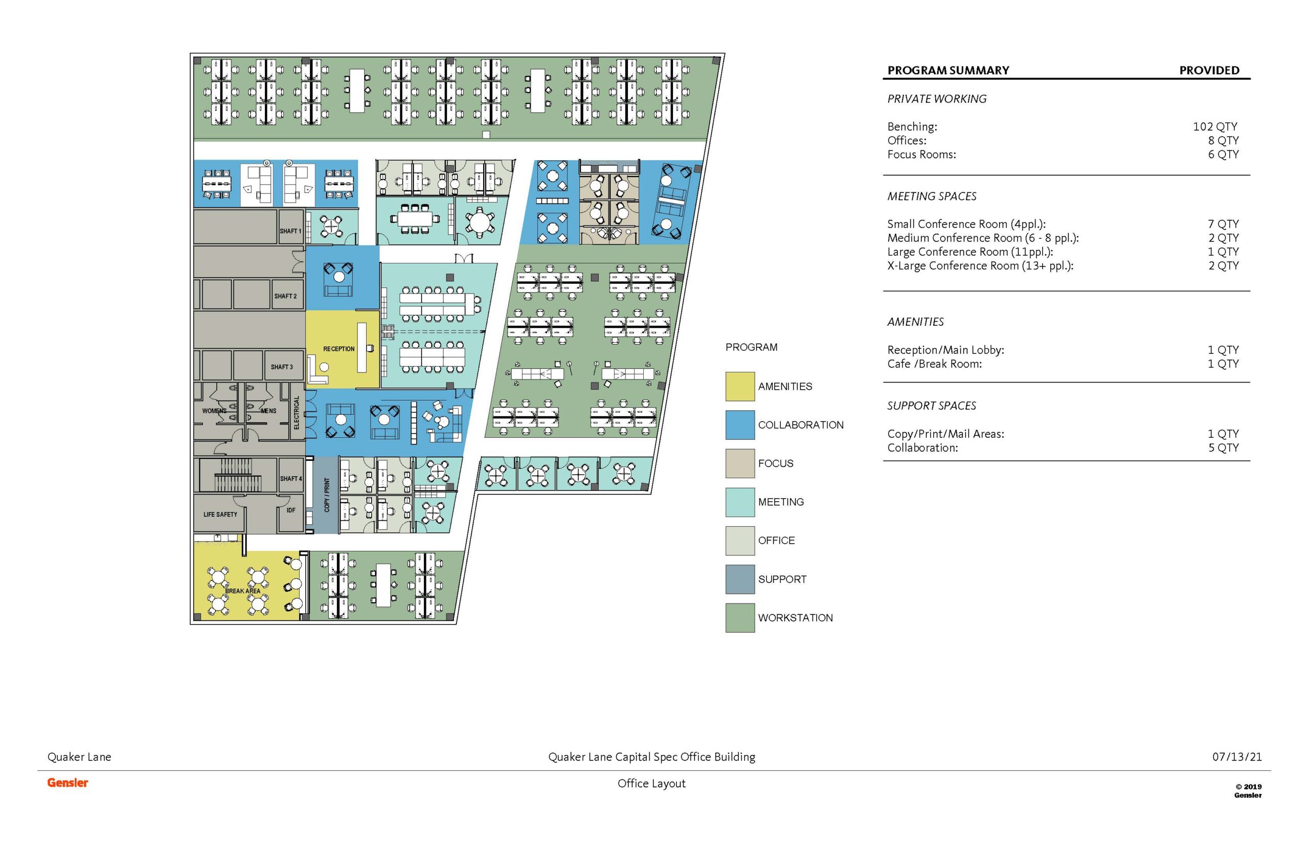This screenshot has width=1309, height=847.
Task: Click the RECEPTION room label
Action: tap(338, 349)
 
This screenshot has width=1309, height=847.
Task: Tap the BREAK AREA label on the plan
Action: tap(242, 591)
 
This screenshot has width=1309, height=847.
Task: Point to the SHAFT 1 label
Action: tap(290, 231)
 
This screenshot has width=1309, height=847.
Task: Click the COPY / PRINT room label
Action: tap(327, 495)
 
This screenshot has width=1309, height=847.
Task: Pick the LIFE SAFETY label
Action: tap(220, 514)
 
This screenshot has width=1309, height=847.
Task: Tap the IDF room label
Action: tap(291, 510)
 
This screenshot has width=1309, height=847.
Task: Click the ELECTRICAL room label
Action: tap(297, 412)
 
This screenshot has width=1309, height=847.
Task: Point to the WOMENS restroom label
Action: tap(214, 411)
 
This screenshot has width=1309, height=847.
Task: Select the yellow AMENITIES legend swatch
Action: tap(739, 387)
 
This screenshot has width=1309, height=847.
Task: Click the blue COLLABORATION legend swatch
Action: tap(739, 425)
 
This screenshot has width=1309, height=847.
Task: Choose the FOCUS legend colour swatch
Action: tap(739, 463)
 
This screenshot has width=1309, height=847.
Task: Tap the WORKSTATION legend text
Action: tap(795, 618)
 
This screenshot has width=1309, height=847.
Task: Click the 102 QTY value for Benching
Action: tap(1215, 126)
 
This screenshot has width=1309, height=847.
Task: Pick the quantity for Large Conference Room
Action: tap(1223, 252)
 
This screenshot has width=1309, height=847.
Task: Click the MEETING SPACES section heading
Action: tap(931, 196)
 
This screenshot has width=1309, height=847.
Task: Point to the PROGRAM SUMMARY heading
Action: tap(949, 71)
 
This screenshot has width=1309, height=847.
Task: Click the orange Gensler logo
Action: tap(67, 783)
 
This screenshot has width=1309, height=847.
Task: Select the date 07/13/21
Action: tap(1237, 757)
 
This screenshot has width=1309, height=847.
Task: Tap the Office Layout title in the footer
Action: tap(651, 784)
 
